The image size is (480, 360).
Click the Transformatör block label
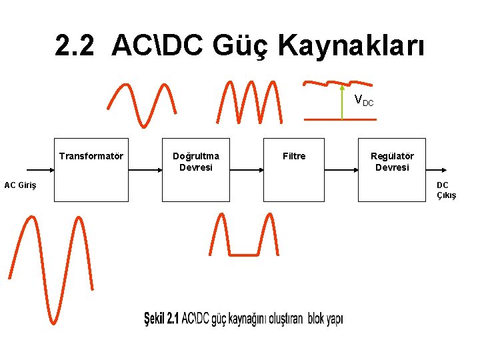pyautogui.click(x=91, y=157)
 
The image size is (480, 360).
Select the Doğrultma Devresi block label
pyautogui.click(x=196, y=162)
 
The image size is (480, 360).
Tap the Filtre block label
pyautogui.click(x=294, y=156)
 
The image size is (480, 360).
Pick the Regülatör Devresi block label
pyautogui.click(x=392, y=162)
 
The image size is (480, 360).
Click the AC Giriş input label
pyautogui.click(x=20, y=185)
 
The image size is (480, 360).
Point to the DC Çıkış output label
pyautogui.click(x=446, y=190)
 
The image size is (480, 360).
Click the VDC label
pyautogui.click(x=363, y=101)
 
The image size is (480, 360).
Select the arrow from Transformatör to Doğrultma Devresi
pyautogui.click(x=145, y=170)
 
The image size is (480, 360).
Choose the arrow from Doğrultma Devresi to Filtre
pyautogui.click(x=246, y=170)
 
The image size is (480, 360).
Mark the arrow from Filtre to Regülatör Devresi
pyautogui.click(x=341, y=170)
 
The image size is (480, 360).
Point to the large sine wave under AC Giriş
pyautogui.click(x=50, y=267)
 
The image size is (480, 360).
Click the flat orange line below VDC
pyautogui.click(x=340, y=119)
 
